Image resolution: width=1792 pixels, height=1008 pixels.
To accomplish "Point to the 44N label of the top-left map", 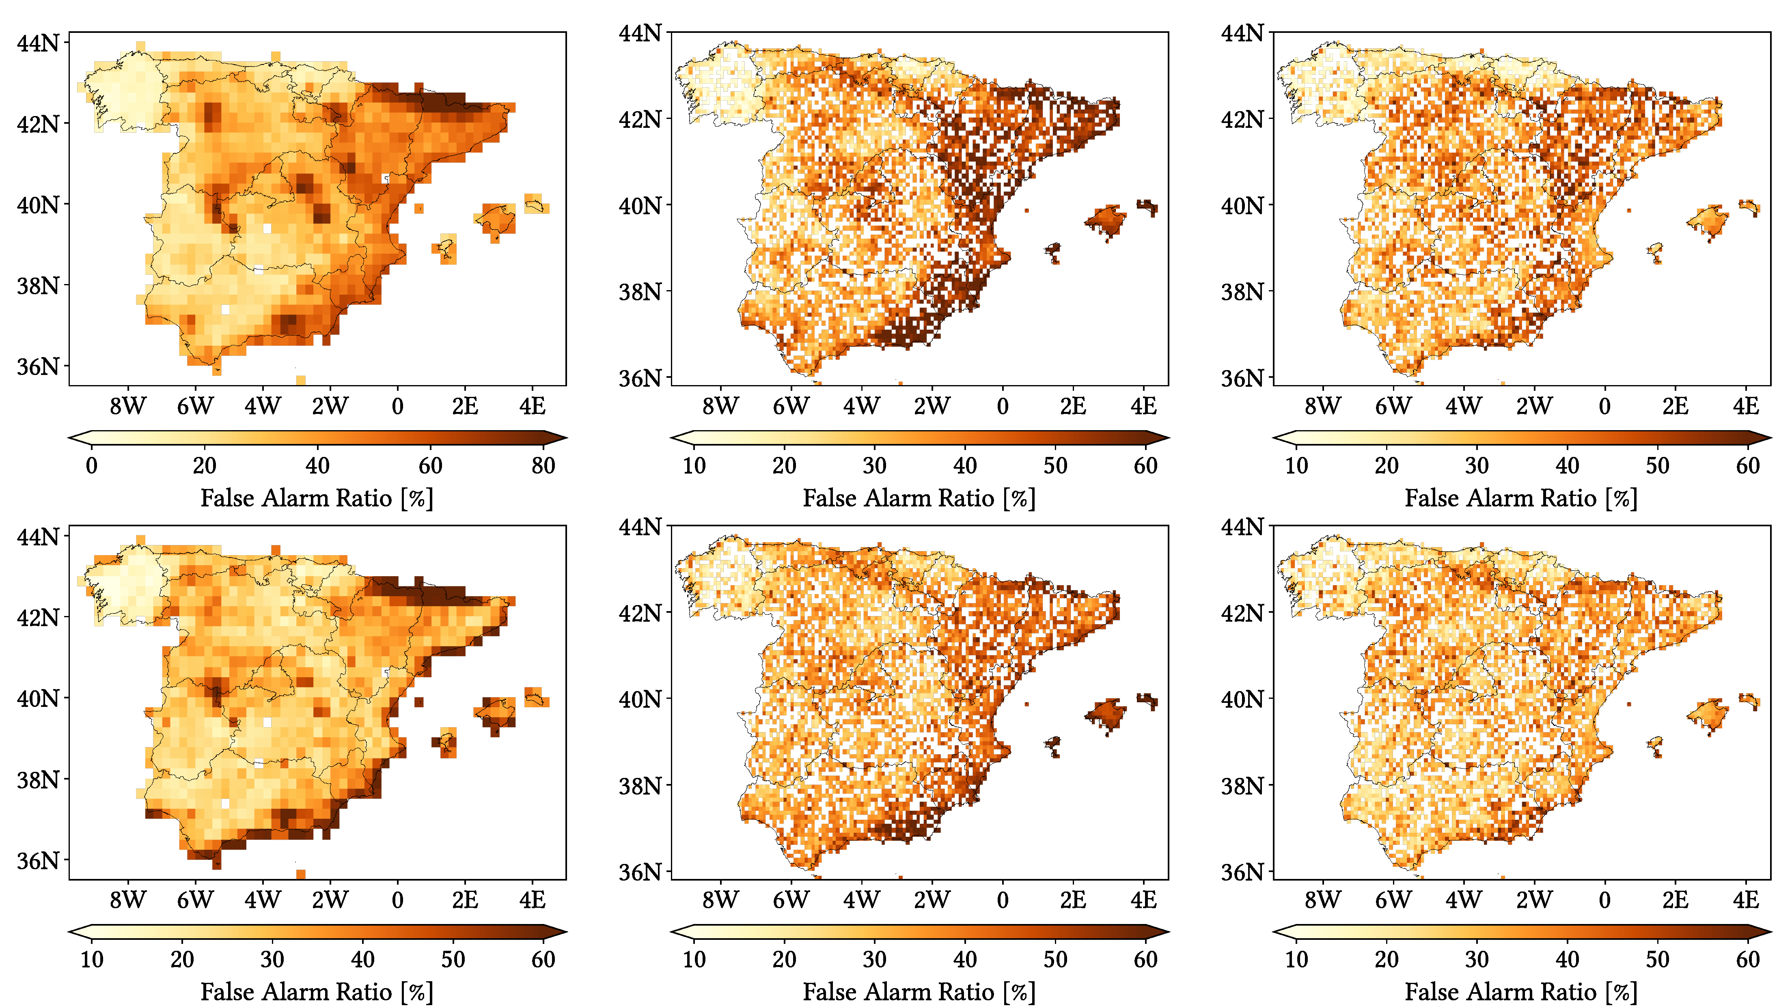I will (x=38, y=43).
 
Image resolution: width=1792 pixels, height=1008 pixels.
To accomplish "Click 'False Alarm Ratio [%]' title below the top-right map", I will (x=1521, y=498).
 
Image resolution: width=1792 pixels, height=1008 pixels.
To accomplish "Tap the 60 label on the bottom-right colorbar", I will (x=1747, y=959).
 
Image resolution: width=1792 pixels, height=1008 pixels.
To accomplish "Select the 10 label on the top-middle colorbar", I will (x=694, y=465).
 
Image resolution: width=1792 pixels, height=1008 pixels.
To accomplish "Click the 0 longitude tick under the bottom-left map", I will (x=397, y=900).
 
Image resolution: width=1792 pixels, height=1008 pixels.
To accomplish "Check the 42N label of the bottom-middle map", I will (x=640, y=613).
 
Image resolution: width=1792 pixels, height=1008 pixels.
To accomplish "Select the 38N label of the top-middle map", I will (x=640, y=291).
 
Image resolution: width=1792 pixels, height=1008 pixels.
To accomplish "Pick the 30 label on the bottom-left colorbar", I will (x=272, y=959).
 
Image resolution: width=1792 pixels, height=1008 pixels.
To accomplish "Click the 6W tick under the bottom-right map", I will (x=1393, y=900).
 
